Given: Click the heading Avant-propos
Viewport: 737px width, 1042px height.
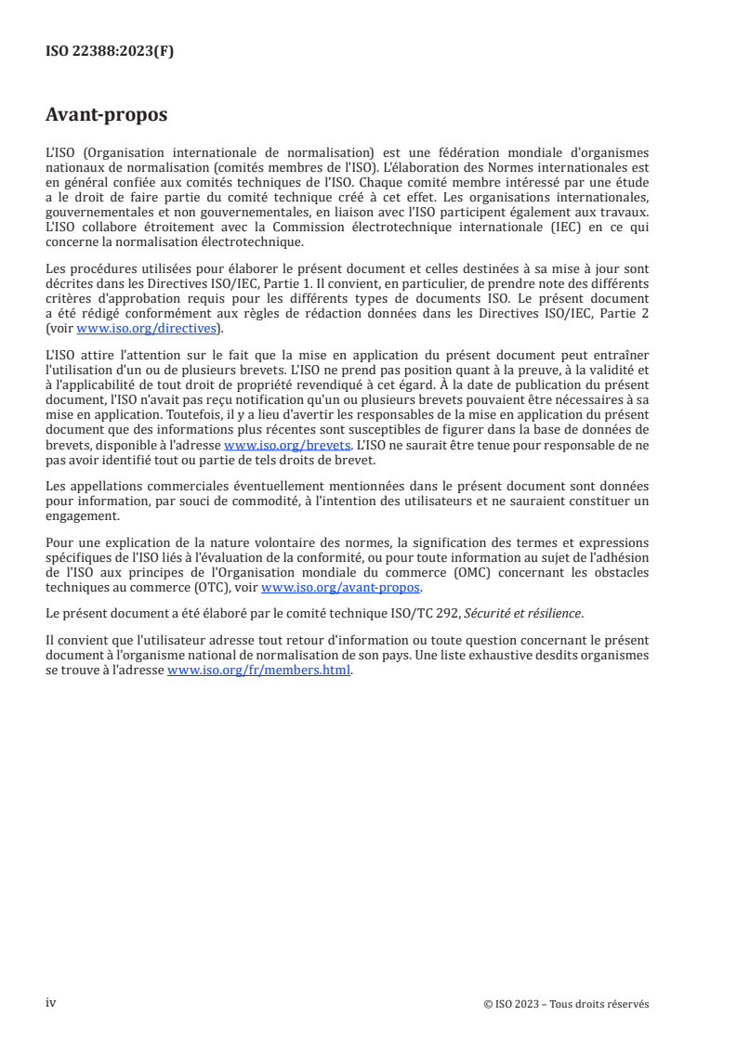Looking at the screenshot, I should coord(107,115).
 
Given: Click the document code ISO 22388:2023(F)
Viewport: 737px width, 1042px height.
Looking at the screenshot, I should coord(109,52).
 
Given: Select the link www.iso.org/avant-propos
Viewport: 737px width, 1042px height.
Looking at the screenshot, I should coord(342,586).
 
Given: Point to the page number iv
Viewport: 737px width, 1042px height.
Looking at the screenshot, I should coord(51,1003).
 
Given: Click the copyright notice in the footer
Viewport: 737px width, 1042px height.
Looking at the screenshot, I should coord(566,1004).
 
